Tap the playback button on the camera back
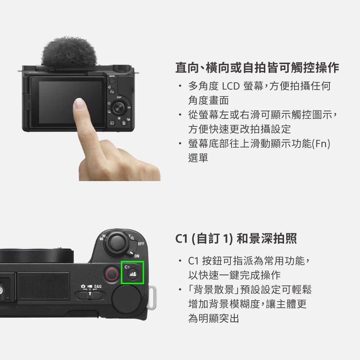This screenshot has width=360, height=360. coord(112,123)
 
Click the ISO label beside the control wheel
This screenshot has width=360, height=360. coord(129,108)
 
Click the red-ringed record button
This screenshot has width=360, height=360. coord(112,275)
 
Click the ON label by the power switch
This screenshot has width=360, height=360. coord(137,256)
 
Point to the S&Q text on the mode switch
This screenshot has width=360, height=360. coord(98,287)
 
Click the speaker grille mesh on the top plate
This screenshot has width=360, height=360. coord(43,286)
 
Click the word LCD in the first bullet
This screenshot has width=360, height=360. coord(231,86)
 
